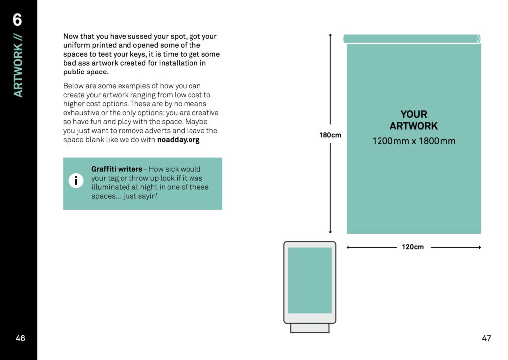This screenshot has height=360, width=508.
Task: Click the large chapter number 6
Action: pyautogui.click(x=18, y=20)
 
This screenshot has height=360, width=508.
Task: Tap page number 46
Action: pyautogui.click(x=20, y=338)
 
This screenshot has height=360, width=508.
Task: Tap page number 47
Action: pyautogui.click(x=486, y=338)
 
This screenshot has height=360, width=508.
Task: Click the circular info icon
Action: pyautogui.click(x=76, y=181)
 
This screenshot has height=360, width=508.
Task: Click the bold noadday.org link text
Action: pyautogui.click(x=178, y=140)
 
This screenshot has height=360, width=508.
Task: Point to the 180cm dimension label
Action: pyautogui.click(x=330, y=135)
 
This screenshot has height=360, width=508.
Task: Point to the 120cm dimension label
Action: pyautogui.click(x=413, y=247)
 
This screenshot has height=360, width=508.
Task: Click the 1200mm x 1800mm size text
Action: pyautogui.click(x=414, y=141)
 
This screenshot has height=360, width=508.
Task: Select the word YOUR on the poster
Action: pyautogui.click(x=414, y=114)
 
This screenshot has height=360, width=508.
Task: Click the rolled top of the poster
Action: pyautogui.click(x=412, y=39)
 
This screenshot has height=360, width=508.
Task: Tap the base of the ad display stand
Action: pyautogui.click(x=310, y=328)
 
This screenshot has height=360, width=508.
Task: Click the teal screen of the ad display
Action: pyautogui.click(x=310, y=281)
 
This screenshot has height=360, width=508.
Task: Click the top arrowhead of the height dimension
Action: pyautogui.click(x=330, y=35)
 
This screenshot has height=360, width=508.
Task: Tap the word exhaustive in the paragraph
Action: pyautogui.click(x=82, y=113)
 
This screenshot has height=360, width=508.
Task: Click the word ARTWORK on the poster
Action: pyautogui.click(x=414, y=126)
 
